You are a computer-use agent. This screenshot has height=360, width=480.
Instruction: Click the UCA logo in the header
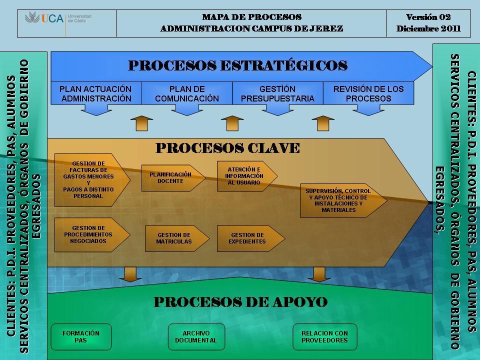[x=58, y=18]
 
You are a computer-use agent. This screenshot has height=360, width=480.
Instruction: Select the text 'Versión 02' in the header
[x=428, y=17]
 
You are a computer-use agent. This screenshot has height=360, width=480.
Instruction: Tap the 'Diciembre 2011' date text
[x=428, y=29]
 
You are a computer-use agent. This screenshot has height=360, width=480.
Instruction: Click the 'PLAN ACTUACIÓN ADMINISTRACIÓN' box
[x=96, y=93]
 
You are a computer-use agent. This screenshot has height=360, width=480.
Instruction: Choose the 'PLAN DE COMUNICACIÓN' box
[x=186, y=93]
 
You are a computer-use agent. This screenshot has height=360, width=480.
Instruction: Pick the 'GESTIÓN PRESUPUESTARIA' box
[x=277, y=93]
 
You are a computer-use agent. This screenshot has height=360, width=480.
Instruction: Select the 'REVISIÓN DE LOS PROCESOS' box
[x=368, y=93]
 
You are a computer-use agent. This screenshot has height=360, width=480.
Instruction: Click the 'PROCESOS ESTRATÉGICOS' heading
[x=237, y=65]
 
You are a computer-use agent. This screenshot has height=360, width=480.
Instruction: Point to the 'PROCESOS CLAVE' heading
[x=227, y=148]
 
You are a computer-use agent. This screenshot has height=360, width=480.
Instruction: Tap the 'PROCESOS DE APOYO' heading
[x=240, y=302]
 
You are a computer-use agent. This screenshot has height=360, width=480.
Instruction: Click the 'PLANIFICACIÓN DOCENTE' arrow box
[x=173, y=178]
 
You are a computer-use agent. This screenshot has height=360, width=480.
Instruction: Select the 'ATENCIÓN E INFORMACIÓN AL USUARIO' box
[x=247, y=176]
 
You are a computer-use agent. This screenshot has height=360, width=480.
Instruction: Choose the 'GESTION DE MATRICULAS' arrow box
[x=177, y=238]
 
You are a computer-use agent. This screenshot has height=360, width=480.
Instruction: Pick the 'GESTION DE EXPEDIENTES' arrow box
[x=250, y=238]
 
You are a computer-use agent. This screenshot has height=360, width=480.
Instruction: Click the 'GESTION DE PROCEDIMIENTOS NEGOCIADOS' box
[x=92, y=235]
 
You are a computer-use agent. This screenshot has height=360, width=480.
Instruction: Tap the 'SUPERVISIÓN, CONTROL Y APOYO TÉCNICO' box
[x=343, y=200]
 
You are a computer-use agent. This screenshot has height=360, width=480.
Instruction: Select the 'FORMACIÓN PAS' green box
[x=81, y=336]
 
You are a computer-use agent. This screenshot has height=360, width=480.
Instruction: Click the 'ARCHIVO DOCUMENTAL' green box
[x=196, y=336]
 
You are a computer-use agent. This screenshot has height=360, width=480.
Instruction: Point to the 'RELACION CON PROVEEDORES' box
[x=325, y=336]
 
